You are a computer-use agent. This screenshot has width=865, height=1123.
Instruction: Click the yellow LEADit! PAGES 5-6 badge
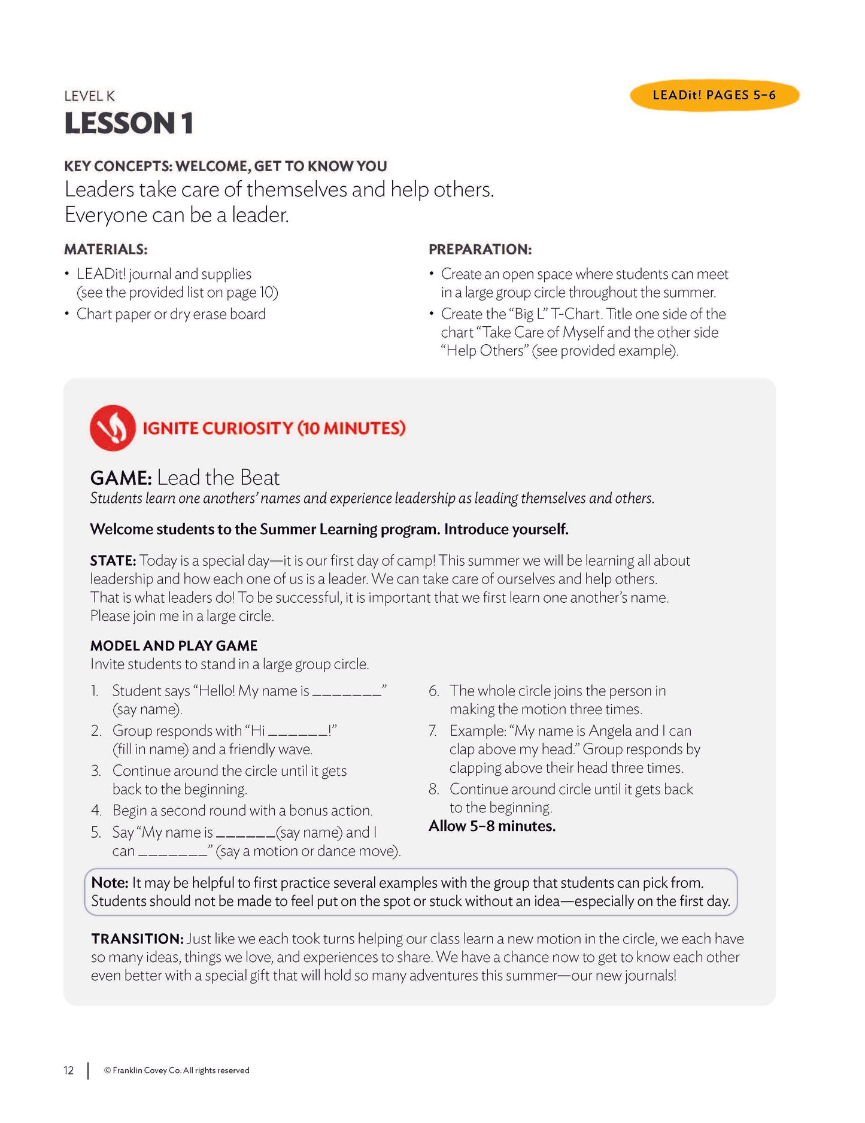[x=714, y=95]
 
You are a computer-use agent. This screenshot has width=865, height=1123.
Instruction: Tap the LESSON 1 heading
[x=129, y=123]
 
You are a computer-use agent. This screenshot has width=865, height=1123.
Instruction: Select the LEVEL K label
[x=89, y=96]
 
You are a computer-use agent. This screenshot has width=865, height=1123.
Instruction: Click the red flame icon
[x=113, y=428]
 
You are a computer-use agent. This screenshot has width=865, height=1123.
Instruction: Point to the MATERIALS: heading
[x=105, y=249]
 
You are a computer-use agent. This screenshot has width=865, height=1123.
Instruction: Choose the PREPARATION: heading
[x=479, y=249]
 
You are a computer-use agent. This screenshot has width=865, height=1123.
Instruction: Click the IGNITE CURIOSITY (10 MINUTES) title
[x=274, y=428]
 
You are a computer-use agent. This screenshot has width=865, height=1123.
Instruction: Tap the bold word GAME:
[x=120, y=478]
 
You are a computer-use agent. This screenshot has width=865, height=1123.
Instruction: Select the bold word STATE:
[x=113, y=561]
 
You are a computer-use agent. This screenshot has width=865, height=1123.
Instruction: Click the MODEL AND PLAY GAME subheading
[x=174, y=645]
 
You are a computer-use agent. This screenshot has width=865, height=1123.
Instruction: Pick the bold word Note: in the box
[x=110, y=882]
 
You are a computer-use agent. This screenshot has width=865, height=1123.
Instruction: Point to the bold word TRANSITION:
[x=137, y=939]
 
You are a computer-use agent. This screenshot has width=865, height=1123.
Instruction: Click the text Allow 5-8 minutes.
[x=491, y=826]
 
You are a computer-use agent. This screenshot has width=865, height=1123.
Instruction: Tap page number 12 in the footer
[x=69, y=1070]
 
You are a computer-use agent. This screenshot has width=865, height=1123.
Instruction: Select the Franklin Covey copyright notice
[x=177, y=1070]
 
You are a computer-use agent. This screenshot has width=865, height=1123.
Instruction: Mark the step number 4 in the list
[x=96, y=811]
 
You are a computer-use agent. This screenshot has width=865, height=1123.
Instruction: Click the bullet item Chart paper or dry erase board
[x=171, y=314]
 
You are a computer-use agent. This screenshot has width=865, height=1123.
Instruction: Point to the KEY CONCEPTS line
[x=225, y=166]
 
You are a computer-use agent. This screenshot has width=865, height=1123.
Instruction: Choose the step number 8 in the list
[x=433, y=789]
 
